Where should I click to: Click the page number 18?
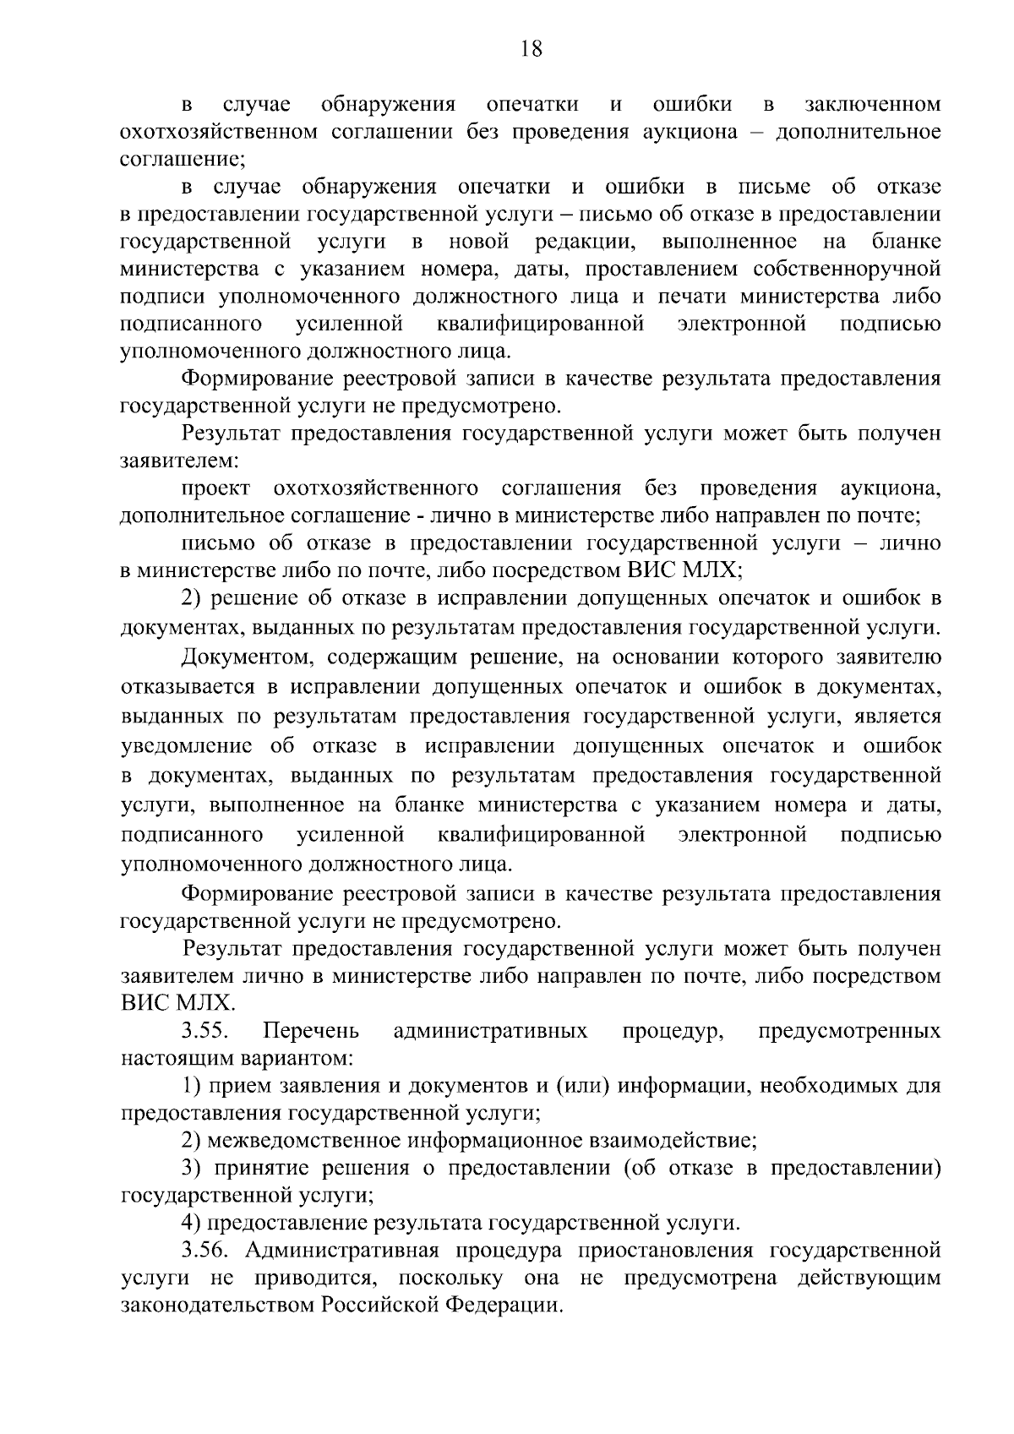pos(531,49)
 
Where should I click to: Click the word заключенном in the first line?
pos(872,105)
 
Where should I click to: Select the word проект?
pos(215,488)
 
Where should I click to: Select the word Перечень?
pos(311,1031)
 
